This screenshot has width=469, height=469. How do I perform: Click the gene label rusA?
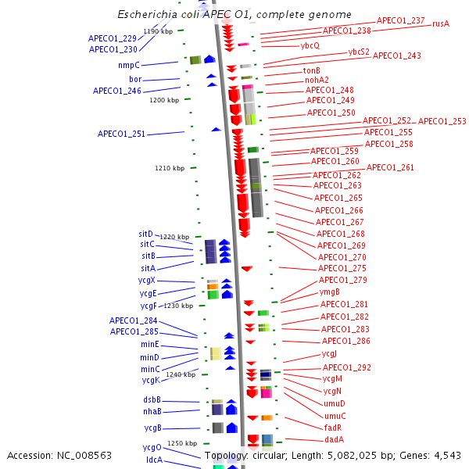pyautogui.click(x=441, y=23)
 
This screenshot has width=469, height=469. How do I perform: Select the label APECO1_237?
pyautogui.click(x=401, y=20)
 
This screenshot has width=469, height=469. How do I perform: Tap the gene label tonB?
pyautogui.click(x=312, y=70)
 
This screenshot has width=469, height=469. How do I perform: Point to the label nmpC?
pyautogui.click(x=129, y=65)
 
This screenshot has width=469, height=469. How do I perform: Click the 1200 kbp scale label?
pyautogui.click(x=164, y=100)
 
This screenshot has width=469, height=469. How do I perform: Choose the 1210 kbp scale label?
pyautogui.click(x=170, y=168)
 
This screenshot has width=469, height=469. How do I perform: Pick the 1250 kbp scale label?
pyautogui.click(x=181, y=443)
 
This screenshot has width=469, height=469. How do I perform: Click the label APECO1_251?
pyautogui.click(x=121, y=134)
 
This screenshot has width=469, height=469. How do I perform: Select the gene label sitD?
pyautogui.click(x=146, y=234)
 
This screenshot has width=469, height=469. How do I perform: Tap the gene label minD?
pyautogui.click(x=149, y=357)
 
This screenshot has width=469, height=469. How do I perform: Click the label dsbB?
pyautogui.click(x=152, y=399)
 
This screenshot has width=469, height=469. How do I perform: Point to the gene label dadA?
pyautogui.click(x=335, y=439)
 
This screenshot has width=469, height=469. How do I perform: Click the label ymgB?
pyautogui.click(x=329, y=292)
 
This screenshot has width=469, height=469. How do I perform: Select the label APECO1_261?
pyautogui.click(x=390, y=167)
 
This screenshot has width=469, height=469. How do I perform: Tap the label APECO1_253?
pyautogui.click(x=442, y=121)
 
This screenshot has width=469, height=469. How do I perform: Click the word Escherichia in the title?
pyautogui.click(x=146, y=15)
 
